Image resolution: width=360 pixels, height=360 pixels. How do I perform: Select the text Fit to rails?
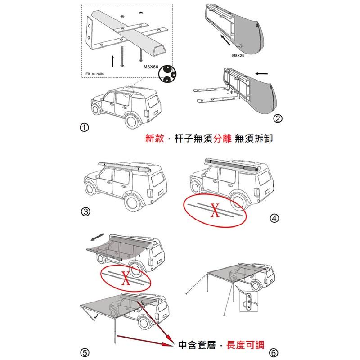point(95,74)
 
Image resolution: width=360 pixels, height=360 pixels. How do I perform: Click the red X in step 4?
point(215,210)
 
